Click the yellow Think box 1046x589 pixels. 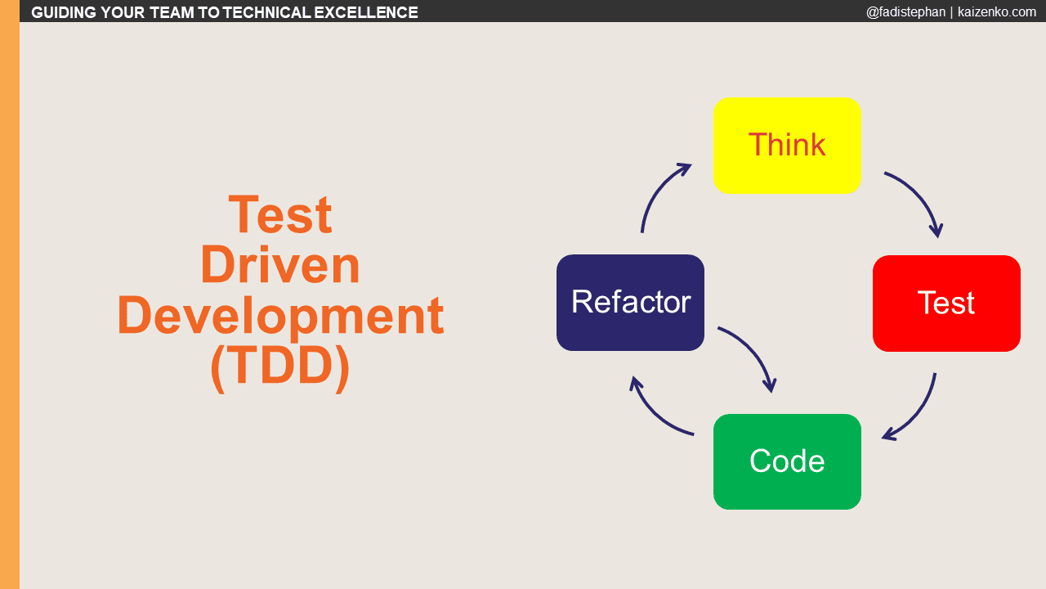click(787, 146)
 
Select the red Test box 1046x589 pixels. click(946, 303)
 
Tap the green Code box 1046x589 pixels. click(787, 461)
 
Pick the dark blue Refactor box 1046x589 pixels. click(630, 303)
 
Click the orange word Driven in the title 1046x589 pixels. click(280, 265)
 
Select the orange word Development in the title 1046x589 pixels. click(280, 316)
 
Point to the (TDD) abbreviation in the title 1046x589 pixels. click(280, 366)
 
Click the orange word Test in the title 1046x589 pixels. click(280, 215)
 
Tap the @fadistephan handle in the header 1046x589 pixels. click(905, 11)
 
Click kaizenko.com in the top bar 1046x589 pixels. click(996, 11)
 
